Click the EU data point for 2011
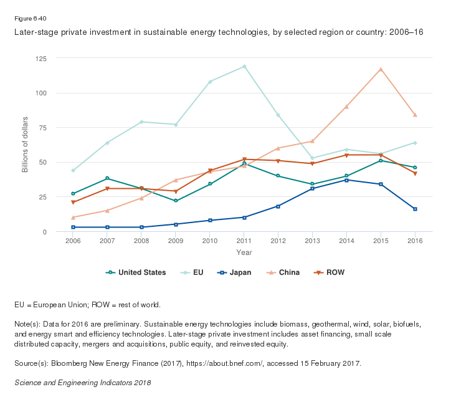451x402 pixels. pyautogui.click(x=244, y=67)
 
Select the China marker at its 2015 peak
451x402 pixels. pyautogui.click(x=381, y=69)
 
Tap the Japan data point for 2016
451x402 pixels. pyautogui.click(x=415, y=209)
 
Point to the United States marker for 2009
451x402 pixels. pyautogui.click(x=176, y=201)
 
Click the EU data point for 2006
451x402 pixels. pyautogui.click(x=73, y=170)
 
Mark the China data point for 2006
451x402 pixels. pyautogui.click(x=73, y=218)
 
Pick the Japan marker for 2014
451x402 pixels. pyautogui.click(x=346, y=180)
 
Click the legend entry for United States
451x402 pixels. pyautogui.click(x=136, y=272)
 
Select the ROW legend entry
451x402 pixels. pyautogui.click(x=329, y=272)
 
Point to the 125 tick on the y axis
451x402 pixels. pyautogui.click(x=59, y=59)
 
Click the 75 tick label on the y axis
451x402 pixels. pyautogui.click(x=60, y=128)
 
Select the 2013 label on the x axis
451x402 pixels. pyautogui.click(x=312, y=241)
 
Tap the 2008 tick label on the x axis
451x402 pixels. pyautogui.click(x=141, y=241)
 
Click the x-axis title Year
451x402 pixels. pyautogui.click(x=244, y=252)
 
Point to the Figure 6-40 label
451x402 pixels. pyautogui.click(x=29, y=18)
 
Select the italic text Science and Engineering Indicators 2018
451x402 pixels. pyautogui.click(x=83, y=382)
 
